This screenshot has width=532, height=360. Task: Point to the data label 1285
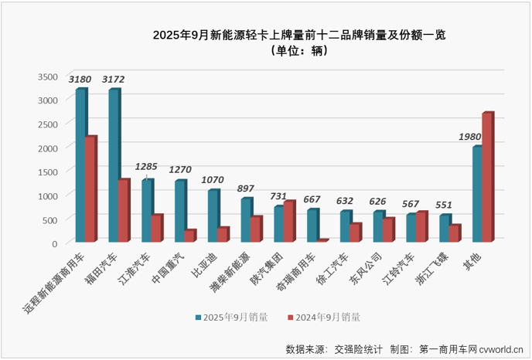(x=146, y=166)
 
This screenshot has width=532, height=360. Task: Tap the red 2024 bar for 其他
(x=486, y=177)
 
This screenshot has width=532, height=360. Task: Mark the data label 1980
(x=470, y=136)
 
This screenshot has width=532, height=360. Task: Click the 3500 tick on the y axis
(x=48, y=76)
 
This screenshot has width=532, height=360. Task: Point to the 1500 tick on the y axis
(x=48, y=172)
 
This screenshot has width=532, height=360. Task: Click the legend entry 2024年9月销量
(x=325, y=316)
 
